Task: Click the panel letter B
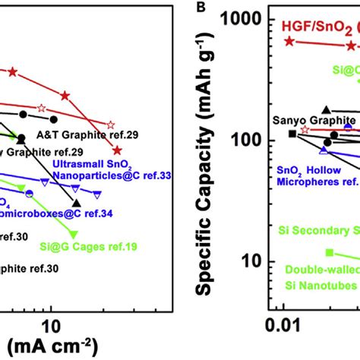click(200, 9)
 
